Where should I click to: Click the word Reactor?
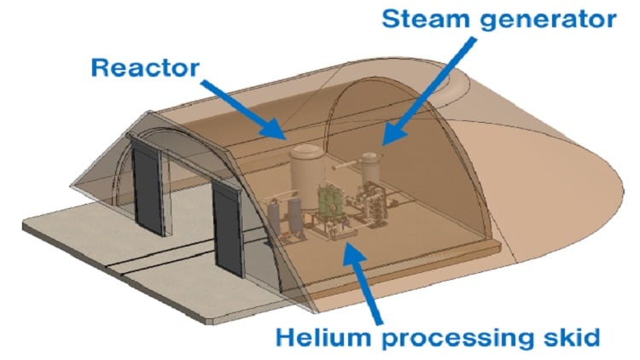point(145,67)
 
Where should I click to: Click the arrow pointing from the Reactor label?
point(244,110)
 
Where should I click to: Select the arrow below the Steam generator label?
point(429,90)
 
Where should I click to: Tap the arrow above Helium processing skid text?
point(362,281)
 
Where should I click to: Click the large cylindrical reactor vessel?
point(307,171)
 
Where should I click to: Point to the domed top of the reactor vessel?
point(307,152)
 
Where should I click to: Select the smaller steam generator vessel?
point(370,167)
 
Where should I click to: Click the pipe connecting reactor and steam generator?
point(346,165)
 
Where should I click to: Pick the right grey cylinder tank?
point(294,216)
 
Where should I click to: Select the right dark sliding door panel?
point(228,230)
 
